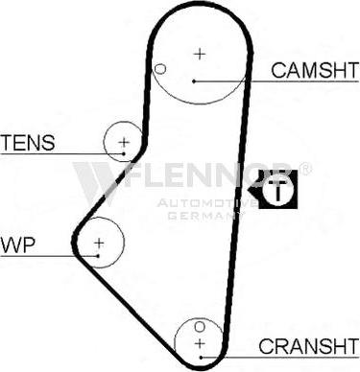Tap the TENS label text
click(27, 143)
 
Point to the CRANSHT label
click(306, 346)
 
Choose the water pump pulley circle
click(99, 245)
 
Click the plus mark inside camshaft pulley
click(199, 54)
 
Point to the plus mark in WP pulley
click(99, 244)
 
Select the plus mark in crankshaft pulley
click(200, 341)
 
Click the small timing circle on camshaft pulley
click(160, 69)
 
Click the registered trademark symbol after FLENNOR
click(305, 169)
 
